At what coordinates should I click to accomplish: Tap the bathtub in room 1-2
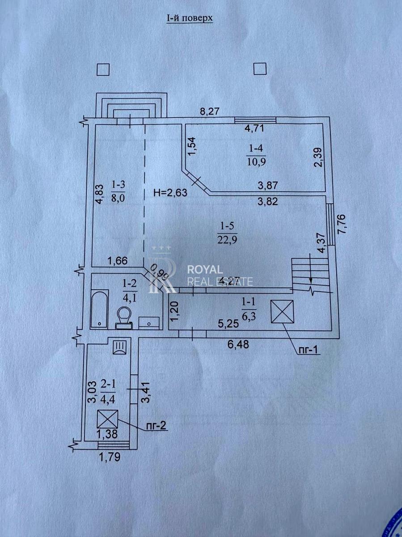99,308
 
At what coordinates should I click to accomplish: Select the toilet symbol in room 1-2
124,316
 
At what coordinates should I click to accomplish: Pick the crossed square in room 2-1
108,420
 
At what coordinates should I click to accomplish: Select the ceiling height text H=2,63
170,193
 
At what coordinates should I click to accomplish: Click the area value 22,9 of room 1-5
226,239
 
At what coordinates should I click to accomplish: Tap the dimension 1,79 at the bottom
110,458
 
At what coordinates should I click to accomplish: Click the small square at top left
103,69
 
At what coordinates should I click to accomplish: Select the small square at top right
260,69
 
